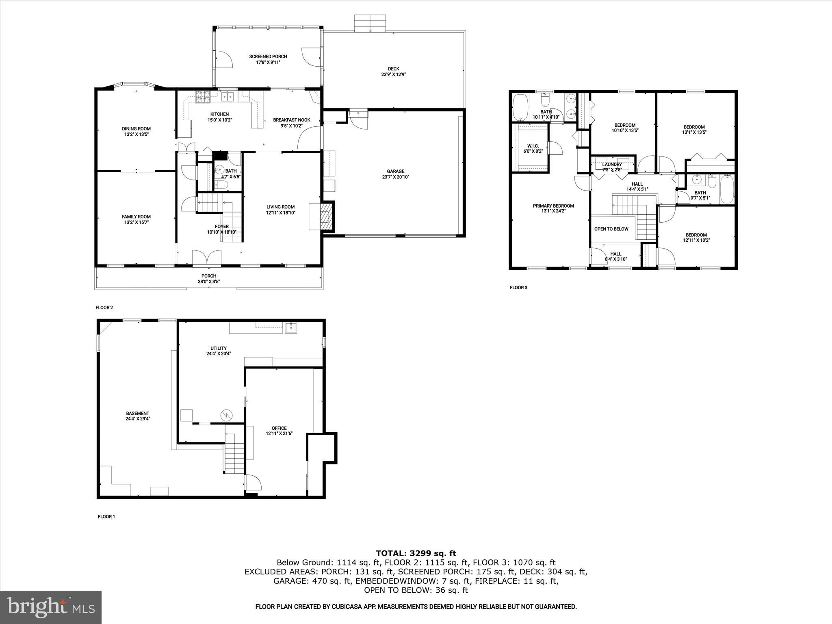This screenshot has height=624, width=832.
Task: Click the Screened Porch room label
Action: (x=268, y=57)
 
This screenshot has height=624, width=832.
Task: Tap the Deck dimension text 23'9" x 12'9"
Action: (x=393, y=75)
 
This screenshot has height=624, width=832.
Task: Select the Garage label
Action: (x=395, y=171)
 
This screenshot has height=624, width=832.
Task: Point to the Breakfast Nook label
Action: (x=292, y=120)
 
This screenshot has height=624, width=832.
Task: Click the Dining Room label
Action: (x=136, y=129)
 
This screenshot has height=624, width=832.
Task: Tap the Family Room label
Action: (x=136, y=217)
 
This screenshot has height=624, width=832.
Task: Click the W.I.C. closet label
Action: (x=533, y=146)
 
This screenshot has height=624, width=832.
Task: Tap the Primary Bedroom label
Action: (x=553, y=206)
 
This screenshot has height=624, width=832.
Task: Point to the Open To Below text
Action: (x=611, y=229)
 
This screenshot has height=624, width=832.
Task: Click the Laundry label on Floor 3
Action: (x=611, y=165)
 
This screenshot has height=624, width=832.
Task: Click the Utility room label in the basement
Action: (x=219, y=348)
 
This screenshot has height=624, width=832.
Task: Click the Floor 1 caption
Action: (x=106, y=517)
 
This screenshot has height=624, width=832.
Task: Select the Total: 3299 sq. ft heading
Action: (x=416, y=553)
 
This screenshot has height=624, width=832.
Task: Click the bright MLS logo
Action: (x=51, y=607)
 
